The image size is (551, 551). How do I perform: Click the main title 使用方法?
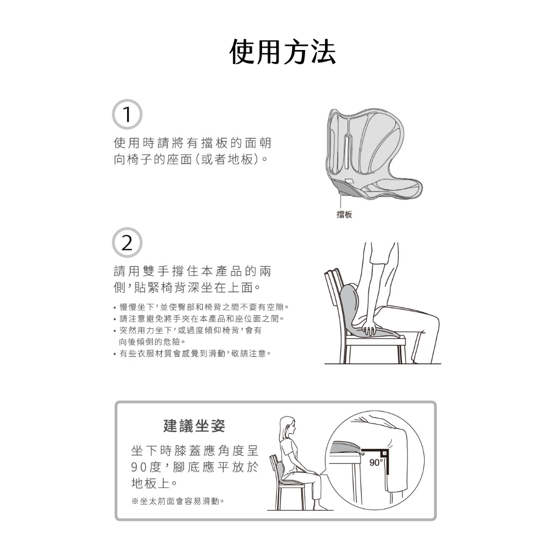coord(282,52)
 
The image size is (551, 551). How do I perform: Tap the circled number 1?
coord(127,115)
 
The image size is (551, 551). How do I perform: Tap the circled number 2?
coord(127,243)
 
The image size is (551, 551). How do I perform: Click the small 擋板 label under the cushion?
coord(344,214)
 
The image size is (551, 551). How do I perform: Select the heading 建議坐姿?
coord(194,426)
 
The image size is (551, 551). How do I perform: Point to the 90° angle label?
coord(375,462)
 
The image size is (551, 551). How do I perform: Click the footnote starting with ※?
coord(178,501)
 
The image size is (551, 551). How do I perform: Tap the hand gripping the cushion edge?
coord(369,326)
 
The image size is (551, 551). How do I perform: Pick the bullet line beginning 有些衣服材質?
coord(193,353)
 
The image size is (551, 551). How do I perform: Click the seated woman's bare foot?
coord(321,506)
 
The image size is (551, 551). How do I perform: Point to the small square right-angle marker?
coord(384,453)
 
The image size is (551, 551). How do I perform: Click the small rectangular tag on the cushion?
coord(350,181)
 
